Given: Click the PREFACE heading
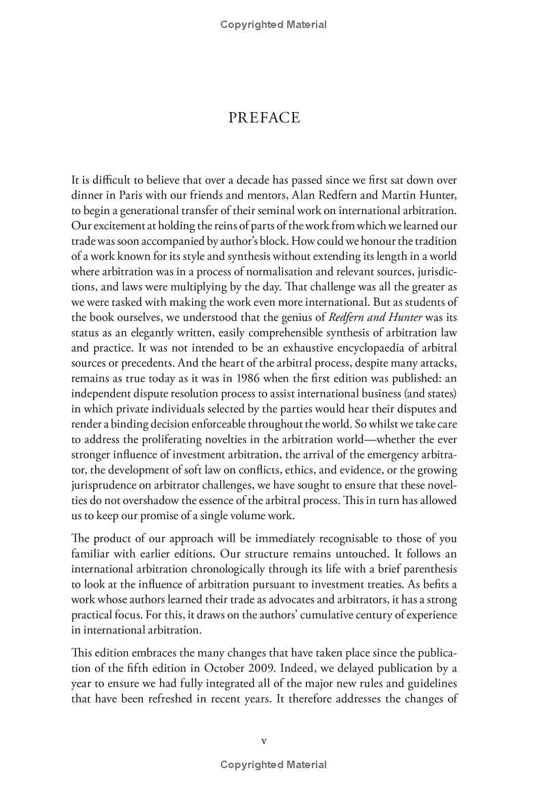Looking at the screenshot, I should (264, 118).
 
